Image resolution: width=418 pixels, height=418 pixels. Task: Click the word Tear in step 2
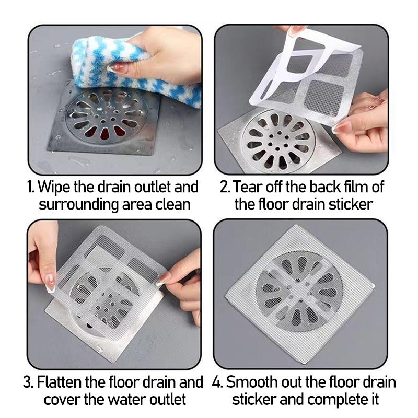click(x=248, y=187)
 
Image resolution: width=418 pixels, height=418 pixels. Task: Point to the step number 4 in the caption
click(x=217, y=382)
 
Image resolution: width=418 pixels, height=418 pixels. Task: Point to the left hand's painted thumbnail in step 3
click(x=50, y=283)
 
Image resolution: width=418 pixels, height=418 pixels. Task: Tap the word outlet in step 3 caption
click(x=166, y=400)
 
